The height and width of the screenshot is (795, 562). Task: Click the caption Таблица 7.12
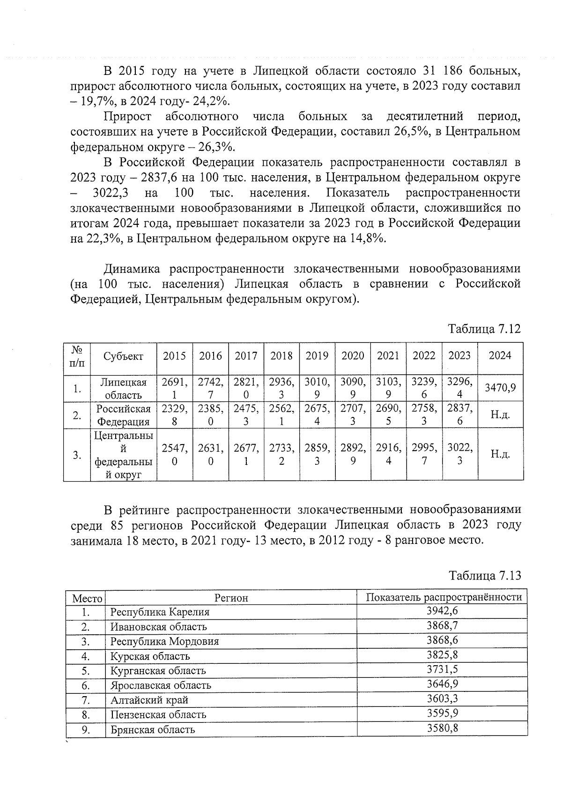[484, 329]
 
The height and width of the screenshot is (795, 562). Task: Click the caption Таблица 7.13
[485, 575]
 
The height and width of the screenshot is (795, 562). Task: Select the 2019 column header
[317, 356]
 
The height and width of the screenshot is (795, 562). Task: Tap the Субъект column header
[124, 357]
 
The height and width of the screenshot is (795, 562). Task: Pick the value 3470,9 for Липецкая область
[500, 387]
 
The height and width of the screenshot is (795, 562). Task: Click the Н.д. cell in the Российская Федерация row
[500, 415]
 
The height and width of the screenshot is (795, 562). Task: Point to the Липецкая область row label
[124, 388]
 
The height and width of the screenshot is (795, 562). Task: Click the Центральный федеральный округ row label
[124, 455]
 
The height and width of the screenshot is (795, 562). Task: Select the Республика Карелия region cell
[160, 612]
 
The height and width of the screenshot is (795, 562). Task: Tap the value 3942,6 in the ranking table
[442, 611]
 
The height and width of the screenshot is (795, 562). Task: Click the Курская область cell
[150, 656]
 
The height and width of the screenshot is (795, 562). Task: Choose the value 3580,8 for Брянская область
[442, 728]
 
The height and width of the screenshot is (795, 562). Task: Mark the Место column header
[87, 598]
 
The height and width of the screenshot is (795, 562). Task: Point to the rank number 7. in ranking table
[85, 700]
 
